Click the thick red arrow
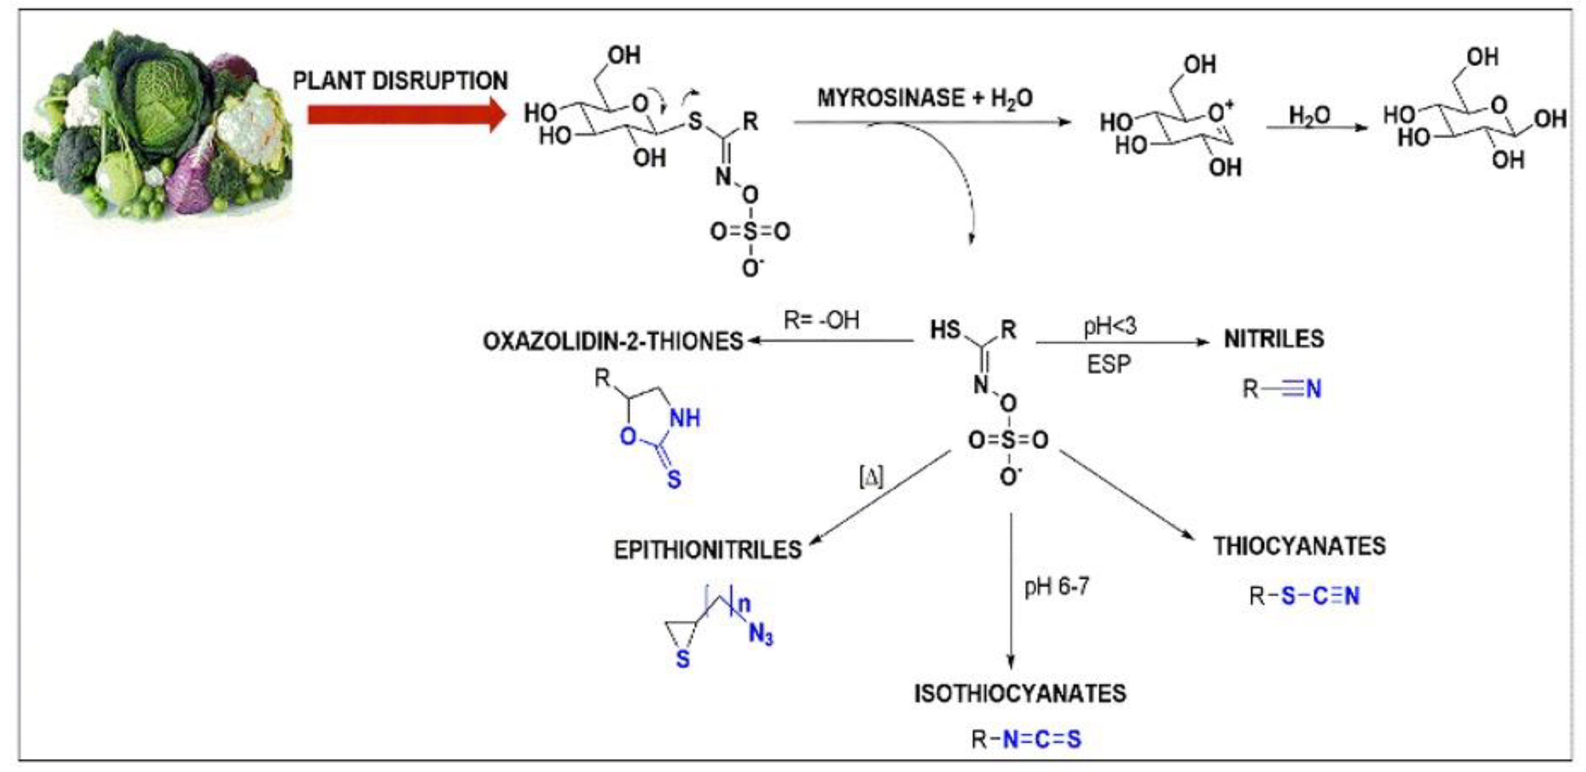[403, 115]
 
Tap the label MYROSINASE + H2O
[925, 98]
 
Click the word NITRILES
[1273, 339]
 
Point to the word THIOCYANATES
[1299, 546]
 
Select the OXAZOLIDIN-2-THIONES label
[613, 341]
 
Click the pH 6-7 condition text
[1057, 586]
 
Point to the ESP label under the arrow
[1109, 365]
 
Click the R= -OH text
[821, 320]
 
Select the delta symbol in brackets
[871, 477]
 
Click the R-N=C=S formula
[1026, 739]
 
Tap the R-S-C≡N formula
[1303, 596]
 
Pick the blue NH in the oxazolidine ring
[685, 418]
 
